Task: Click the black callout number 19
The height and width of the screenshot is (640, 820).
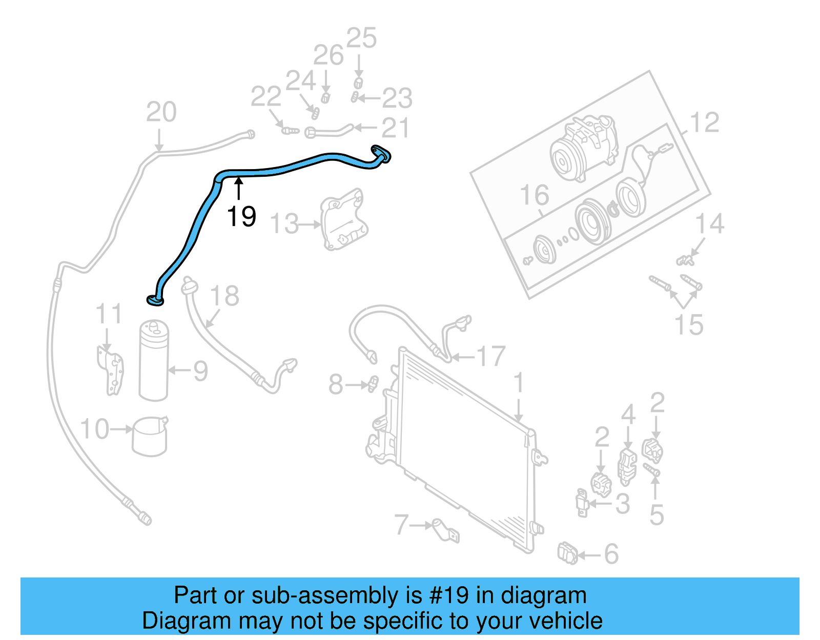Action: coord(241,216)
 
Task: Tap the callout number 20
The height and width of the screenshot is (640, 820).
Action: coord(161,112)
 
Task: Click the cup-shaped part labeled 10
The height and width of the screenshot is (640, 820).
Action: coord(150,436)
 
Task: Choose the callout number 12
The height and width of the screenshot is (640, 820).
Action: coord(705,123)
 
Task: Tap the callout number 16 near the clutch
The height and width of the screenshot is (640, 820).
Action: coord(534,195)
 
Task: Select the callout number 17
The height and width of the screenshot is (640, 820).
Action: coord(491,357)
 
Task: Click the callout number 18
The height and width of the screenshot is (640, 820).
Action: coord(224,296)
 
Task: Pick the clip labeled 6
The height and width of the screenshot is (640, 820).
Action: coord(568,553)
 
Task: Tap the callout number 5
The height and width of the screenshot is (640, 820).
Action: coord(657,515)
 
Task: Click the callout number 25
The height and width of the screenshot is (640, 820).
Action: coord(361,38)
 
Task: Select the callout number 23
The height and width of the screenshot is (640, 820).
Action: coord(397,98)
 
